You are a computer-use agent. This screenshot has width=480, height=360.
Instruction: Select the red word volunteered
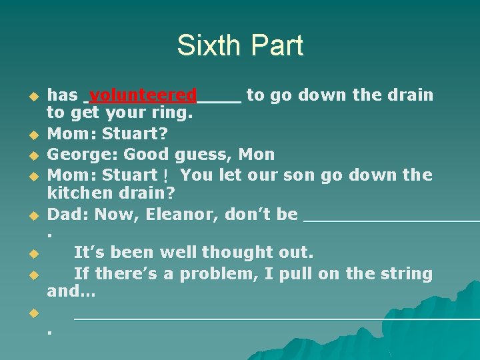(143, 95)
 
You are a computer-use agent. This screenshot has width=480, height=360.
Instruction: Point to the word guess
(204, 155)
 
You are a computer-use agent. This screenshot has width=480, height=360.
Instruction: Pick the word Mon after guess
(257, 155)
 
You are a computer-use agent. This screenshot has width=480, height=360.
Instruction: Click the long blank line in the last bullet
(276, 317)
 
